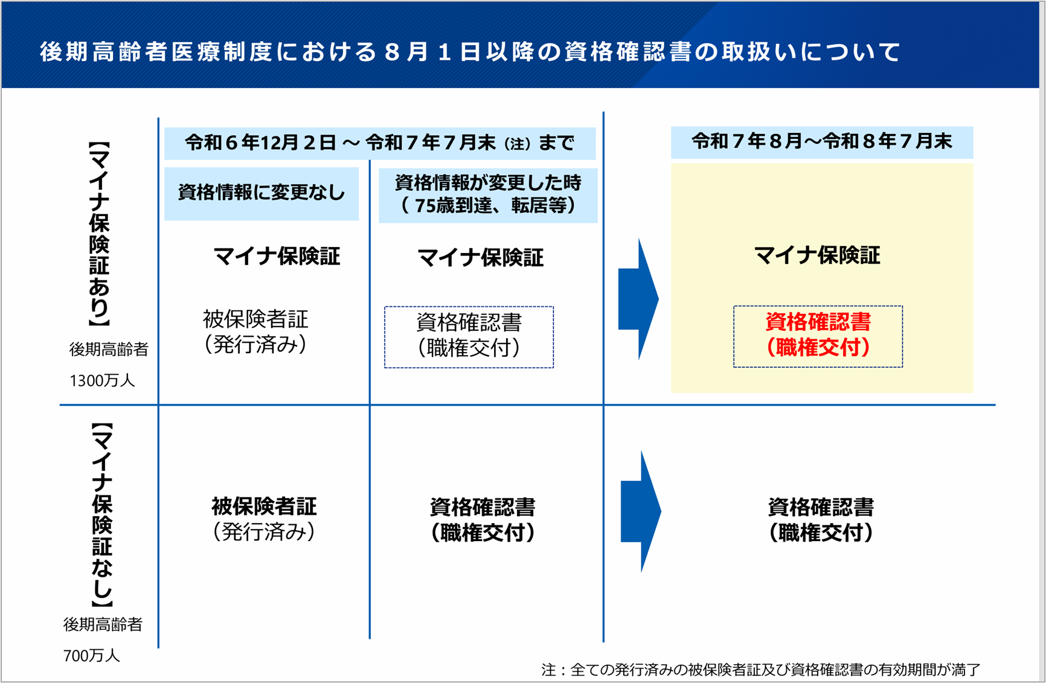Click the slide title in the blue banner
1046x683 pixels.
point(470,52)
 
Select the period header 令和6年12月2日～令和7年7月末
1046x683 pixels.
point(379,143)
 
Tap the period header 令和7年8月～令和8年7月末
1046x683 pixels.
point(821,142)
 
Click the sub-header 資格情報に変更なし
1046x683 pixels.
point(261,193)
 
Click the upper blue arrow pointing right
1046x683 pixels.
point(638,299)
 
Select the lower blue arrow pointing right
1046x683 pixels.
point(641,511)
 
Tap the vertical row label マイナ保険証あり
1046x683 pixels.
point(99,234)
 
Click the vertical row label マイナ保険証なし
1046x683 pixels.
point(101,515)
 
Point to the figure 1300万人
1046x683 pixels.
point(102,381)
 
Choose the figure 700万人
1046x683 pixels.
point(92,655)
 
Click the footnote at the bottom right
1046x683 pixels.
point(760,669)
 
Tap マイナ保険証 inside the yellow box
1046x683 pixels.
point(817,255)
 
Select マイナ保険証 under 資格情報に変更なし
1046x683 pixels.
point(277,257)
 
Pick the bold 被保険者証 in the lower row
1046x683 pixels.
point(264,507)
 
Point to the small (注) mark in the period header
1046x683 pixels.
point(517,144)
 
